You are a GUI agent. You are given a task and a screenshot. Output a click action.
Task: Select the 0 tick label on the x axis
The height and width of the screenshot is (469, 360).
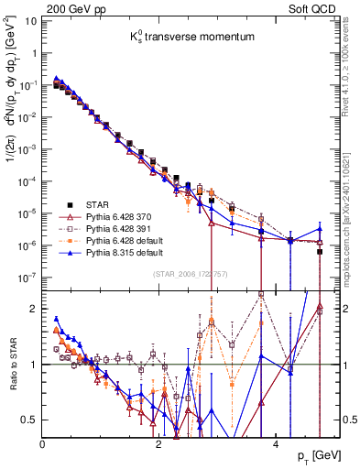tap(43, 443)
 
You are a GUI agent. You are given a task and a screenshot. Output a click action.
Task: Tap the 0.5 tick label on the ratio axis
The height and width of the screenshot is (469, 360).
tap(29, 420)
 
